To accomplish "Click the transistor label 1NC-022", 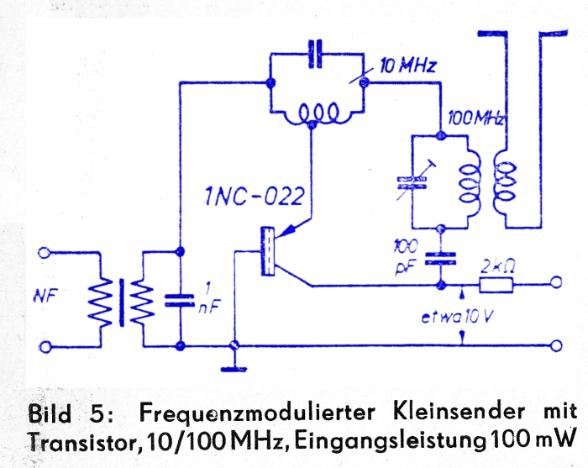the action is (x=255, y=197).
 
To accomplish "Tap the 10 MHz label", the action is (x=408, y=66).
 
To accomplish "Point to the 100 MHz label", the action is (x=476, y=118).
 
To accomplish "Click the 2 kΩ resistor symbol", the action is (x=496, y=285).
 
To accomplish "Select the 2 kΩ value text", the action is (x=497, y=266).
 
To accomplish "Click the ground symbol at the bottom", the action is (x=234, y=369).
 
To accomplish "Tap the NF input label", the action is (x=45, y=297).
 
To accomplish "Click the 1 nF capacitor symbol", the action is (x=180, y=300).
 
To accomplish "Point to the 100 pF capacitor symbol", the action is (x=440, y=259).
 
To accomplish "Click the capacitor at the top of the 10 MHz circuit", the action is (x=315, y=54).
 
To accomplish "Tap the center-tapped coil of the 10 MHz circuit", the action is (x=318, y=114).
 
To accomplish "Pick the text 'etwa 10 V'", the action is (x=456, y=318).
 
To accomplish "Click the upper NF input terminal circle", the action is (x=45, y=252).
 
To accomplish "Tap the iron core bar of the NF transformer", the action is (x=122, y=302).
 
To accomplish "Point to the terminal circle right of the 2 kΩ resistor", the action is (x=556, y=282).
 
